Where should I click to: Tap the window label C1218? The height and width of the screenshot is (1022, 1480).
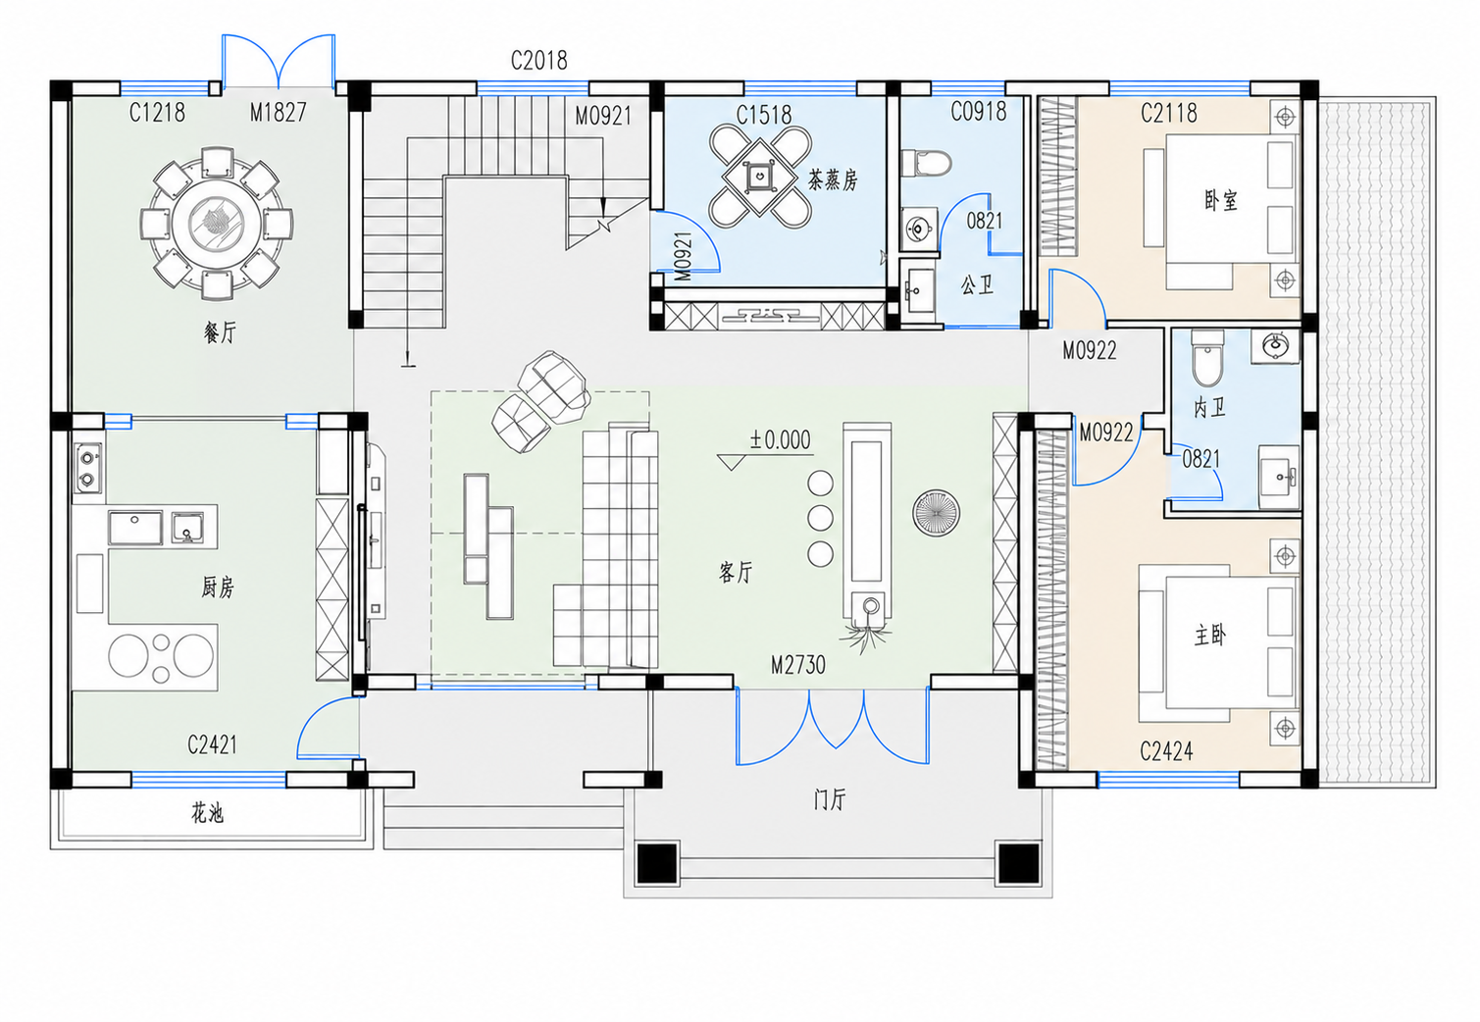click(x=157, y=113)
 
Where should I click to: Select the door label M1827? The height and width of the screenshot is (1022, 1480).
click(x=279, y=113)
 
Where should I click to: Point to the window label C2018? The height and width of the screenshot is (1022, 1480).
click(x=539, y=61)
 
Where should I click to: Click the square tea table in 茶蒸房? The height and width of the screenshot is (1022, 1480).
click(x=760, y=177)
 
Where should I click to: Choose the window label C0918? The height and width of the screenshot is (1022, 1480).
click(x=979, y=112)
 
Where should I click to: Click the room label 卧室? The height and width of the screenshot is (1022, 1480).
click(x=1220, y=200)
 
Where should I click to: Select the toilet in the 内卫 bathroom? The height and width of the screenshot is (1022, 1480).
click(x=1207, y=359)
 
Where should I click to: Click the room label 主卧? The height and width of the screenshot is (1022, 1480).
click(x=1210, y=636)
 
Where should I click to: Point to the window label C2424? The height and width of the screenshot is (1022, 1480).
click(x=1167, y=751)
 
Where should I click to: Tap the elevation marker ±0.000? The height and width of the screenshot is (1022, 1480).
click(x=780, y=440)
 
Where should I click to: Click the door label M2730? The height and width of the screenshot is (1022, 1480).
click(x=798, y=665)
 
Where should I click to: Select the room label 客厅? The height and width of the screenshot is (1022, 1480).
click(x=736, y=572)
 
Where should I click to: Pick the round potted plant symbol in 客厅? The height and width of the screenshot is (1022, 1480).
click(x=936, y=513)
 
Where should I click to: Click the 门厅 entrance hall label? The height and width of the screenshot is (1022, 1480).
click(x=830, y=800)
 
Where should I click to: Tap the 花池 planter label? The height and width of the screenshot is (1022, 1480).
click(x=208, y=812)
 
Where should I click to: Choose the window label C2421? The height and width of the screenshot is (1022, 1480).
click(x=212, y=744)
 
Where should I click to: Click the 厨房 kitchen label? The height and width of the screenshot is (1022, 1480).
click(x=218, y=587)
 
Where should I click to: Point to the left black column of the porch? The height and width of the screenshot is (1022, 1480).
click(x=657, y=863)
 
